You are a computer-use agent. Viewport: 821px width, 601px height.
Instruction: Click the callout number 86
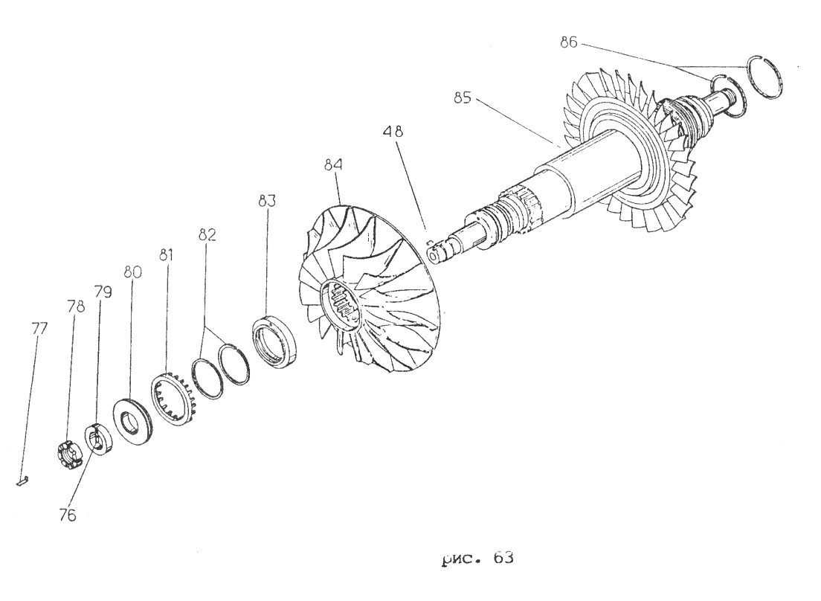coord(568,42)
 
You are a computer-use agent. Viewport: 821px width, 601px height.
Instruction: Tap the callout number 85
coord(463,98)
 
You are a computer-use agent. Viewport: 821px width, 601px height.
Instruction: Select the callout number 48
coord(393,131)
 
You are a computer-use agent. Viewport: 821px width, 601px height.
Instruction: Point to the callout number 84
coord(333,164)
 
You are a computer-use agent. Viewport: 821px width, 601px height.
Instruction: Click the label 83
coord(267,201)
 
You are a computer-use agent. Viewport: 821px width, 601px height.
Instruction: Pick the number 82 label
coord(207,234)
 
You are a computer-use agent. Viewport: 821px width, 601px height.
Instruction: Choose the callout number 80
coord(132,272)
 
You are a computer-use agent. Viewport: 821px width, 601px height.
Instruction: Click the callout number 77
coord(39,329)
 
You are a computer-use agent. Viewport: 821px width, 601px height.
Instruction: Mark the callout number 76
coord(68,515)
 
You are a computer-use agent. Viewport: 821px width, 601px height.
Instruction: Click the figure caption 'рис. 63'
coord(477,559)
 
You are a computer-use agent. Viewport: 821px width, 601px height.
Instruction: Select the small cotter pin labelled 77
coord(22,480)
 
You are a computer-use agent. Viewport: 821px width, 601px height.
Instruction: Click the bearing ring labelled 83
coord(275,340)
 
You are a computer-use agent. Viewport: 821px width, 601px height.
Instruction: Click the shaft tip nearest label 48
coord(434,255)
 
